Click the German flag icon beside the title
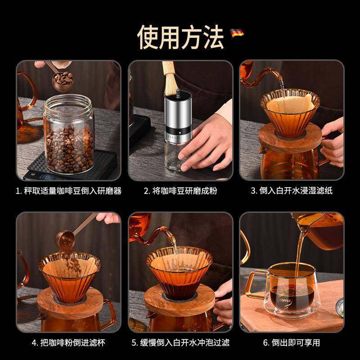click(237, 33)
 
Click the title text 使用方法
click(180, 37)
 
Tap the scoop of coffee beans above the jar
click(63, 81)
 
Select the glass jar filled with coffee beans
click(69, 134)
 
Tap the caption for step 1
click(68, 191)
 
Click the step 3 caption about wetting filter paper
click(292, 190)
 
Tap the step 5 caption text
click(180, 342)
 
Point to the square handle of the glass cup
click(255, 285)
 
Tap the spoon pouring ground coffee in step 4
click(69, 234)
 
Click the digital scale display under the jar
click(47, 177)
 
